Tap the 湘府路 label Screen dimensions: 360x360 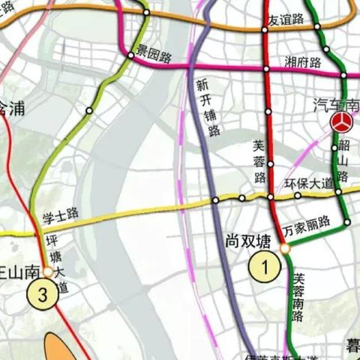(x=303, y=61)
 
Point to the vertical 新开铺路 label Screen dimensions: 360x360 (x=207, y=107)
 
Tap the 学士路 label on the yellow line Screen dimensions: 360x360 (x=61, y=214)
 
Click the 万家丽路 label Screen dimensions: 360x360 (x=310, y=222)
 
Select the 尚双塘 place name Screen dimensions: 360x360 (x=247, y=241)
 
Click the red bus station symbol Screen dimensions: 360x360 (x=343, y=123)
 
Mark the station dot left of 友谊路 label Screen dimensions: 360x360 (x=265, y=30)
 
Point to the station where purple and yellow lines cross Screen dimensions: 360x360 (x=216, y=200)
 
